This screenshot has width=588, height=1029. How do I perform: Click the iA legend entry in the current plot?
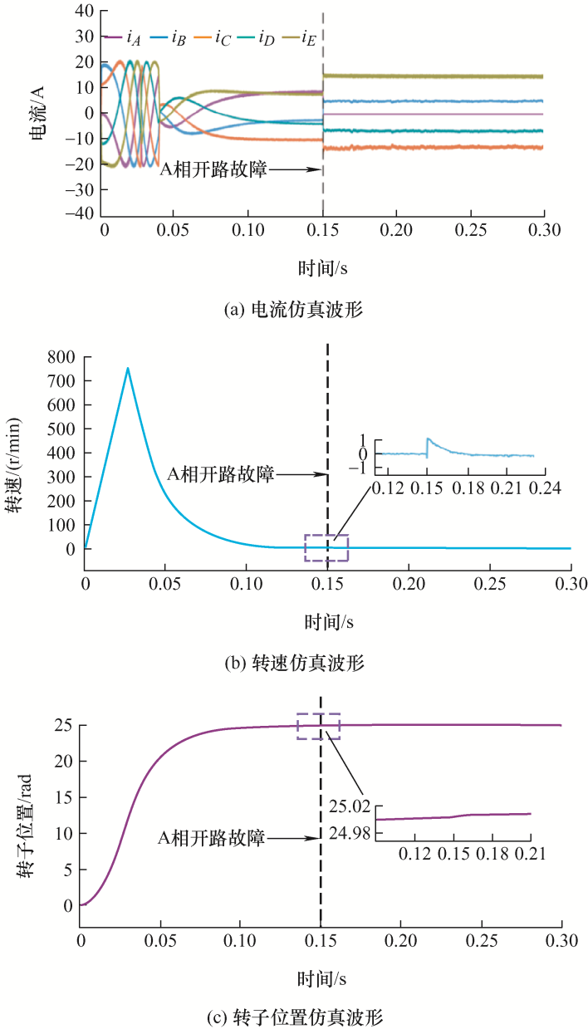pyautogui.click(x=122, y=37)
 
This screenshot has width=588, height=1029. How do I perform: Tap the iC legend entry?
pyautogui.click(x=212, y=37)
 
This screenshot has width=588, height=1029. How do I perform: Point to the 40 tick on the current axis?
pyautogui.click(x=84, y=12)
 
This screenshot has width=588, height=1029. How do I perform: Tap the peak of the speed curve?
pyautogui.click(x=127, y=368)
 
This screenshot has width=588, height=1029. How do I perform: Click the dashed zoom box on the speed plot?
pyautogui.click(x=326, y=548)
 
